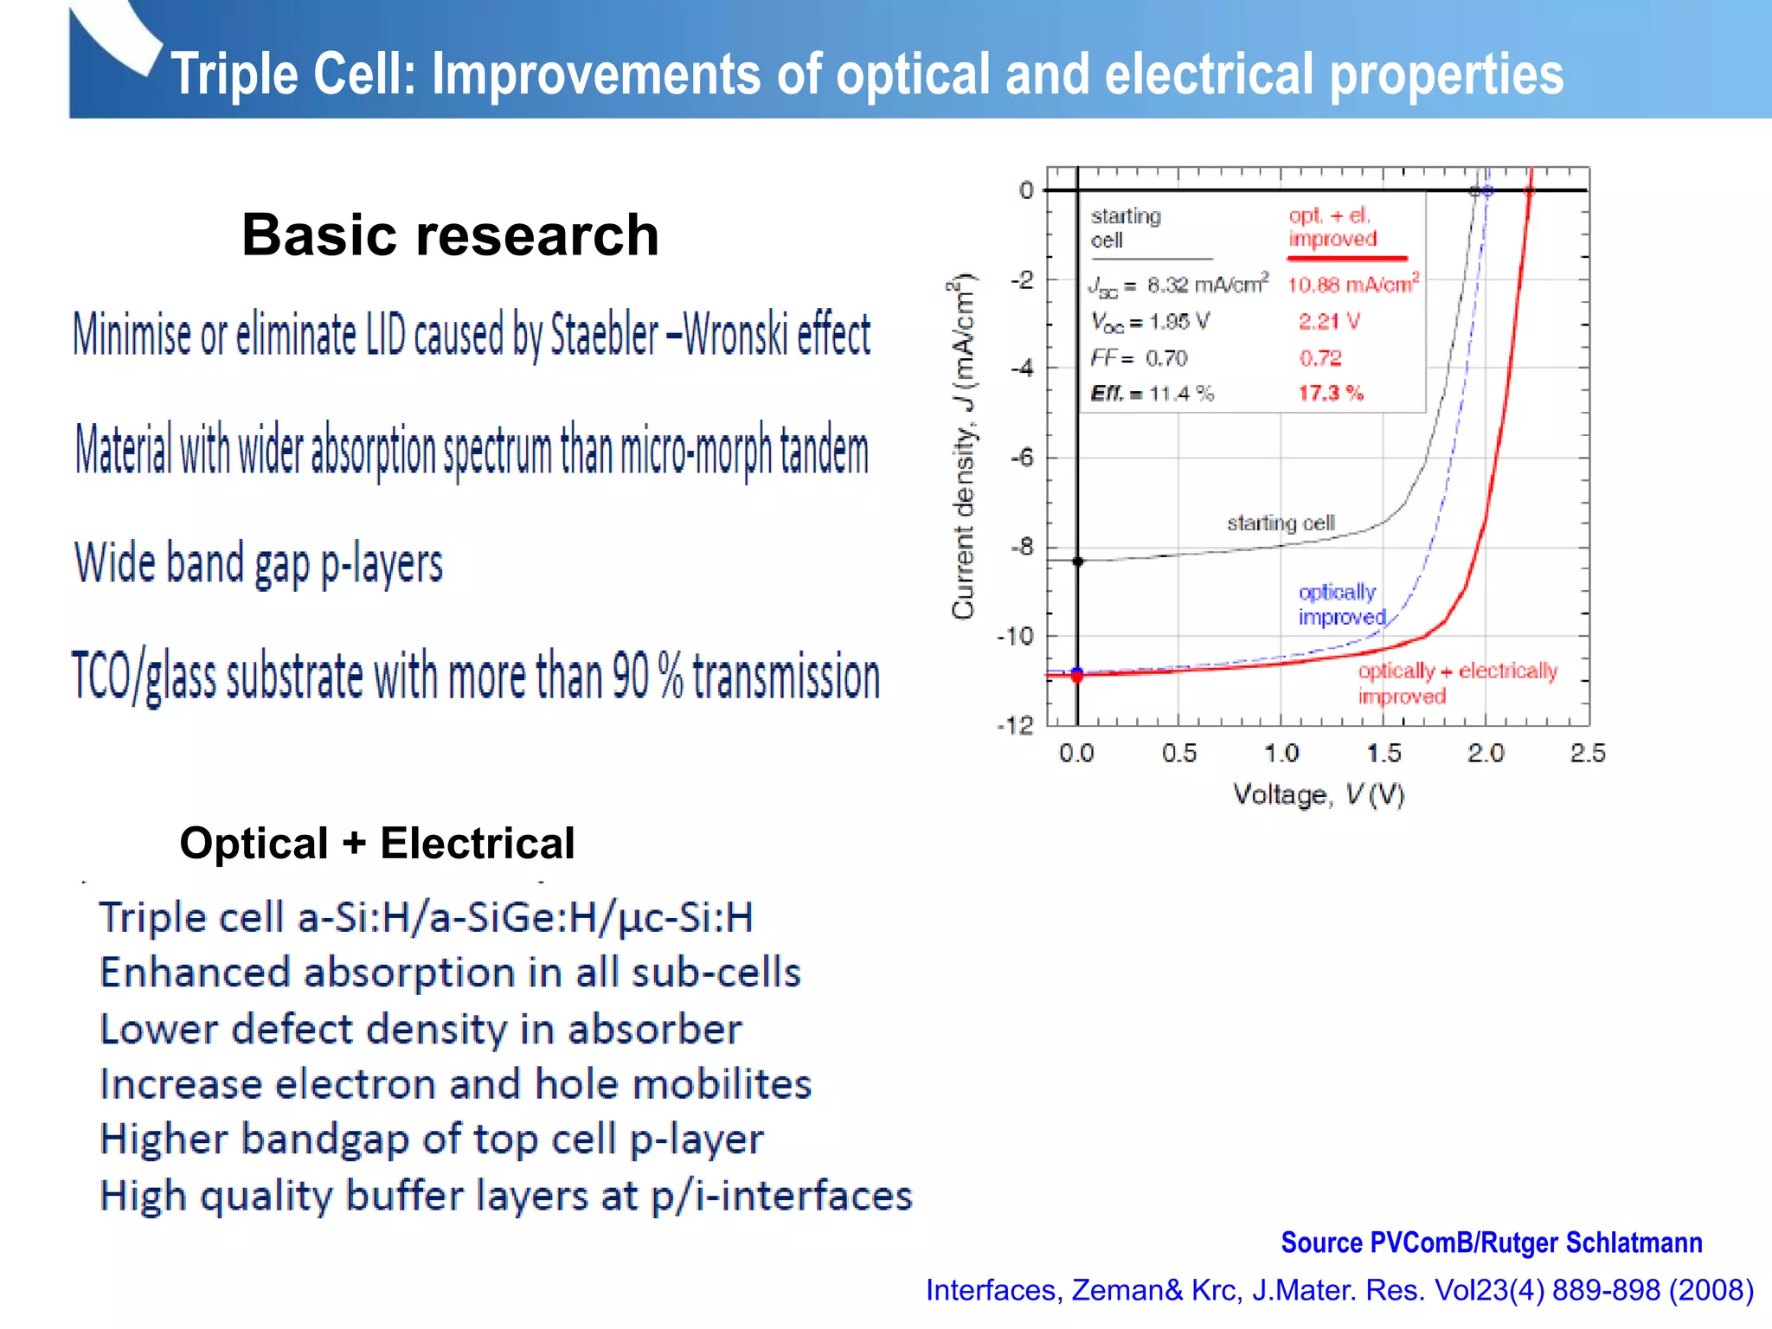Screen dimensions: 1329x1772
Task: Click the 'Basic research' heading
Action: tap(450, 235)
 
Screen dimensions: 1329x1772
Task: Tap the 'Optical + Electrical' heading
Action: tap(376, 843)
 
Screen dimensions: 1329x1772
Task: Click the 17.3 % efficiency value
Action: tap(1330, 394)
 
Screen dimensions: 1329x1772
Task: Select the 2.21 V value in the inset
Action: tap(1328, 322)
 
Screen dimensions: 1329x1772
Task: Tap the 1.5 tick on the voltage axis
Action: tap(1384, 754)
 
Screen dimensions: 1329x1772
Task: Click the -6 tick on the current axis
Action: tap(1023, 458)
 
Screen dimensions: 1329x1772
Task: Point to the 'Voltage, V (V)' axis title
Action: tap(1318, 794)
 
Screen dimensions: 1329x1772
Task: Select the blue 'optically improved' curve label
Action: tap(1340, 604)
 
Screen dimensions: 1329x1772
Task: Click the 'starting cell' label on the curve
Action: tap(1281, 523)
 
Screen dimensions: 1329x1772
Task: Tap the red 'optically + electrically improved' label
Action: tap(1456, 683)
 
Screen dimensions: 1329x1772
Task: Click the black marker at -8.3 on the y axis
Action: tap(1077, 562)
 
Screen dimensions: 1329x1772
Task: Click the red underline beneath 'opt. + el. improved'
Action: tap(1346, 258)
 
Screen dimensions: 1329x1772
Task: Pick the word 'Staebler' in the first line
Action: tap(604, 336)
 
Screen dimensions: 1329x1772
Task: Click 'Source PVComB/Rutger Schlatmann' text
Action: tap(1491, 1242)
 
